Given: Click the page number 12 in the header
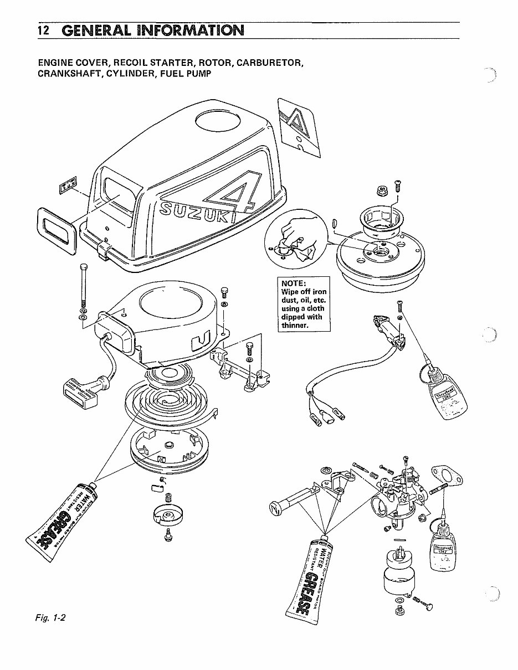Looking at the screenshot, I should [42, 30].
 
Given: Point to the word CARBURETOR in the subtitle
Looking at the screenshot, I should [269, 62].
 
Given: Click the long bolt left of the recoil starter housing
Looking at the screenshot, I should [83, 285].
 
